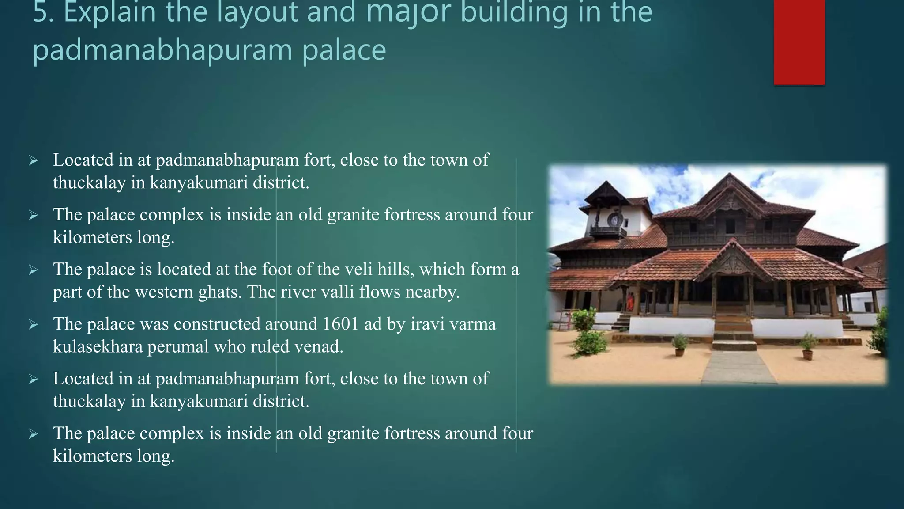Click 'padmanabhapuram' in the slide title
pos(162,50)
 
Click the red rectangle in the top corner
pos(799,42)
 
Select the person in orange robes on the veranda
pos(630,303)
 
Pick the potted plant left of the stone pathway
pos(680,345)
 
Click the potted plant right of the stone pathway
pos(808,346)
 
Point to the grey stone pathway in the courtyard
pos(738,367)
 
